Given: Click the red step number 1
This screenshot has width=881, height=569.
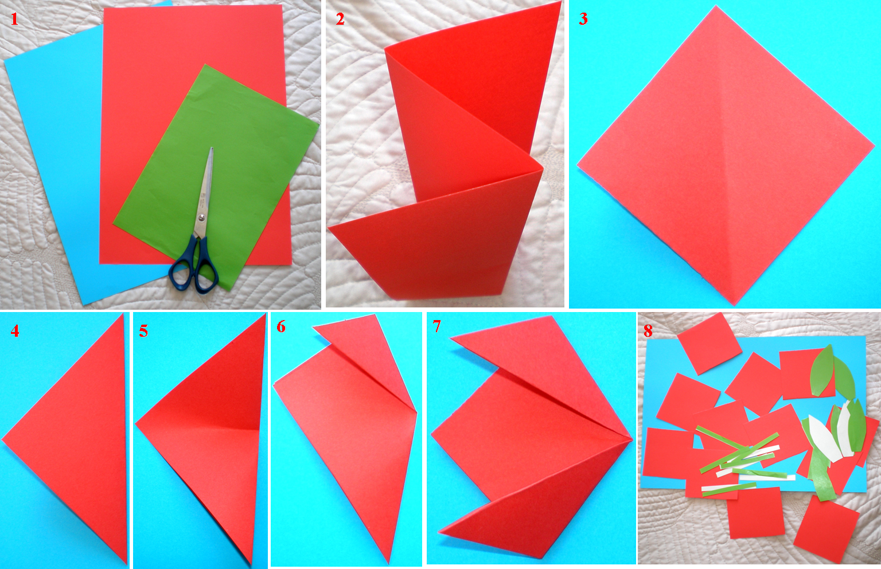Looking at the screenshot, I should click(14, 19).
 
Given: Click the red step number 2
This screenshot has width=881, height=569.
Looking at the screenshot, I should click(340, 19).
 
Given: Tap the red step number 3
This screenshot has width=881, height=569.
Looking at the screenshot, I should click(583, 19).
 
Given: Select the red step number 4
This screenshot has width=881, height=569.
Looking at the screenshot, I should click(15, 331).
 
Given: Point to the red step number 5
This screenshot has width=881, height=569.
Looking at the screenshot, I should click(143, 331).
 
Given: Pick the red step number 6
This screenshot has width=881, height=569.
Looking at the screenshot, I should click(281, 327).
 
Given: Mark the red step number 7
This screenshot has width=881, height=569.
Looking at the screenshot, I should click(437, 327).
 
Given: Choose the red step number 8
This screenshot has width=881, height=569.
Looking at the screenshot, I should click(648, 331).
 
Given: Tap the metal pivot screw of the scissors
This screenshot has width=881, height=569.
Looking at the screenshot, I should click(201, 218).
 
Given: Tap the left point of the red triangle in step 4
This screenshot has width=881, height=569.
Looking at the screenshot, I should click(3, 440).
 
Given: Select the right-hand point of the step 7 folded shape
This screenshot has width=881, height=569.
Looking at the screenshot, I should click(631, 440).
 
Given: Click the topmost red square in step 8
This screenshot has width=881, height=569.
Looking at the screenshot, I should click(710, 343).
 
